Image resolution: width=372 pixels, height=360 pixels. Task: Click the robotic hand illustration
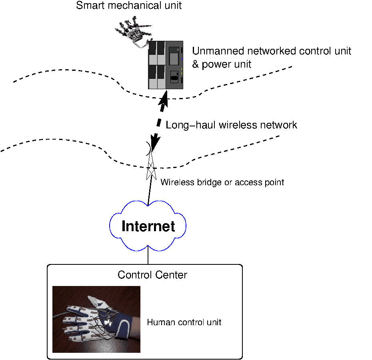pos(134,33)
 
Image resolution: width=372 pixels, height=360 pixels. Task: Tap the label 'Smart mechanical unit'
pos(129,6)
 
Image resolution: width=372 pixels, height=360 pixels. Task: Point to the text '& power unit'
pos(222,64)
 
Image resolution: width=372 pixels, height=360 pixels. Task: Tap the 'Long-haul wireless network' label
pos(231,125)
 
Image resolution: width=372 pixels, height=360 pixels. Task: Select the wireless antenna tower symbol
pos(150,166)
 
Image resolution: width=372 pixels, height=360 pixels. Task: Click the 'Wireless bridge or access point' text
pos(222,182)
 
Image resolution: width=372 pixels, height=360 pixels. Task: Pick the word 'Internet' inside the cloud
pos(148,226)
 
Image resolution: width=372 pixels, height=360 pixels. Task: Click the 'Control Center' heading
pos(152,275)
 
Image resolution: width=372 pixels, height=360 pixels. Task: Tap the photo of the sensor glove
pos(96,319)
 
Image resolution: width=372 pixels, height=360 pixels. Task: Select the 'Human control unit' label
pos(184,322)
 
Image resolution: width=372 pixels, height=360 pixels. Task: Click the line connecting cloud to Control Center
pos(148,256)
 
